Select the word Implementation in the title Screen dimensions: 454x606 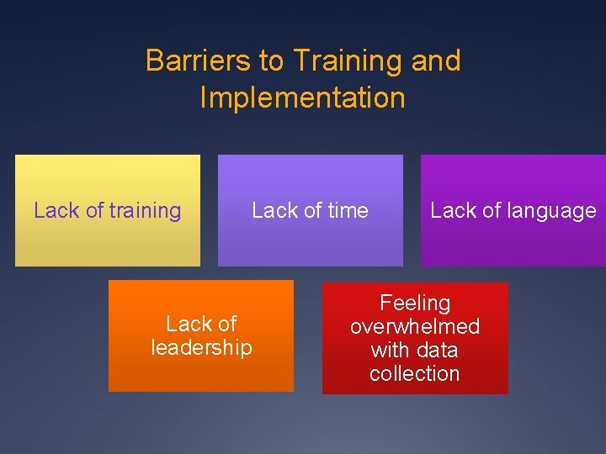302,98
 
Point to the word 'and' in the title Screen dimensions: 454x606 436,61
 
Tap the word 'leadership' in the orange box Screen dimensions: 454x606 201,347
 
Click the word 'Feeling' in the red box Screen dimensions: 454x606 415,303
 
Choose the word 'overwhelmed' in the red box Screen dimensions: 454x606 415,326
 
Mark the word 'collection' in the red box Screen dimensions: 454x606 415,373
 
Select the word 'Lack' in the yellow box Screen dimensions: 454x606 56,211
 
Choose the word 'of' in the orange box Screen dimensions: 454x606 226,324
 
